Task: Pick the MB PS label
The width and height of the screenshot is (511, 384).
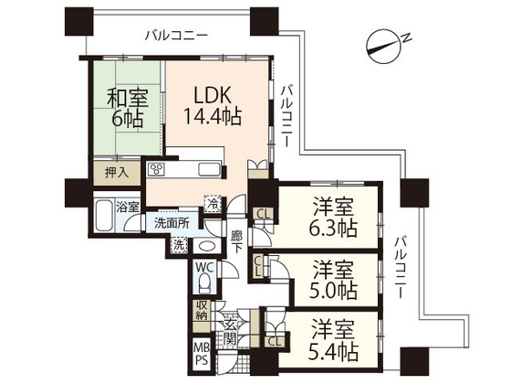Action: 200,352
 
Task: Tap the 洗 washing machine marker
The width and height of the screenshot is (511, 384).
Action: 179,244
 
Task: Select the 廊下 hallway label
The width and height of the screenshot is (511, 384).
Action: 237,240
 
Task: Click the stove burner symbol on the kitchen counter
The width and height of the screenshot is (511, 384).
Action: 157,169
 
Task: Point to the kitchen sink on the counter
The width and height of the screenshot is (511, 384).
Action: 205,169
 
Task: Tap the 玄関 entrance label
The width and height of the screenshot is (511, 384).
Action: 231,331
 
